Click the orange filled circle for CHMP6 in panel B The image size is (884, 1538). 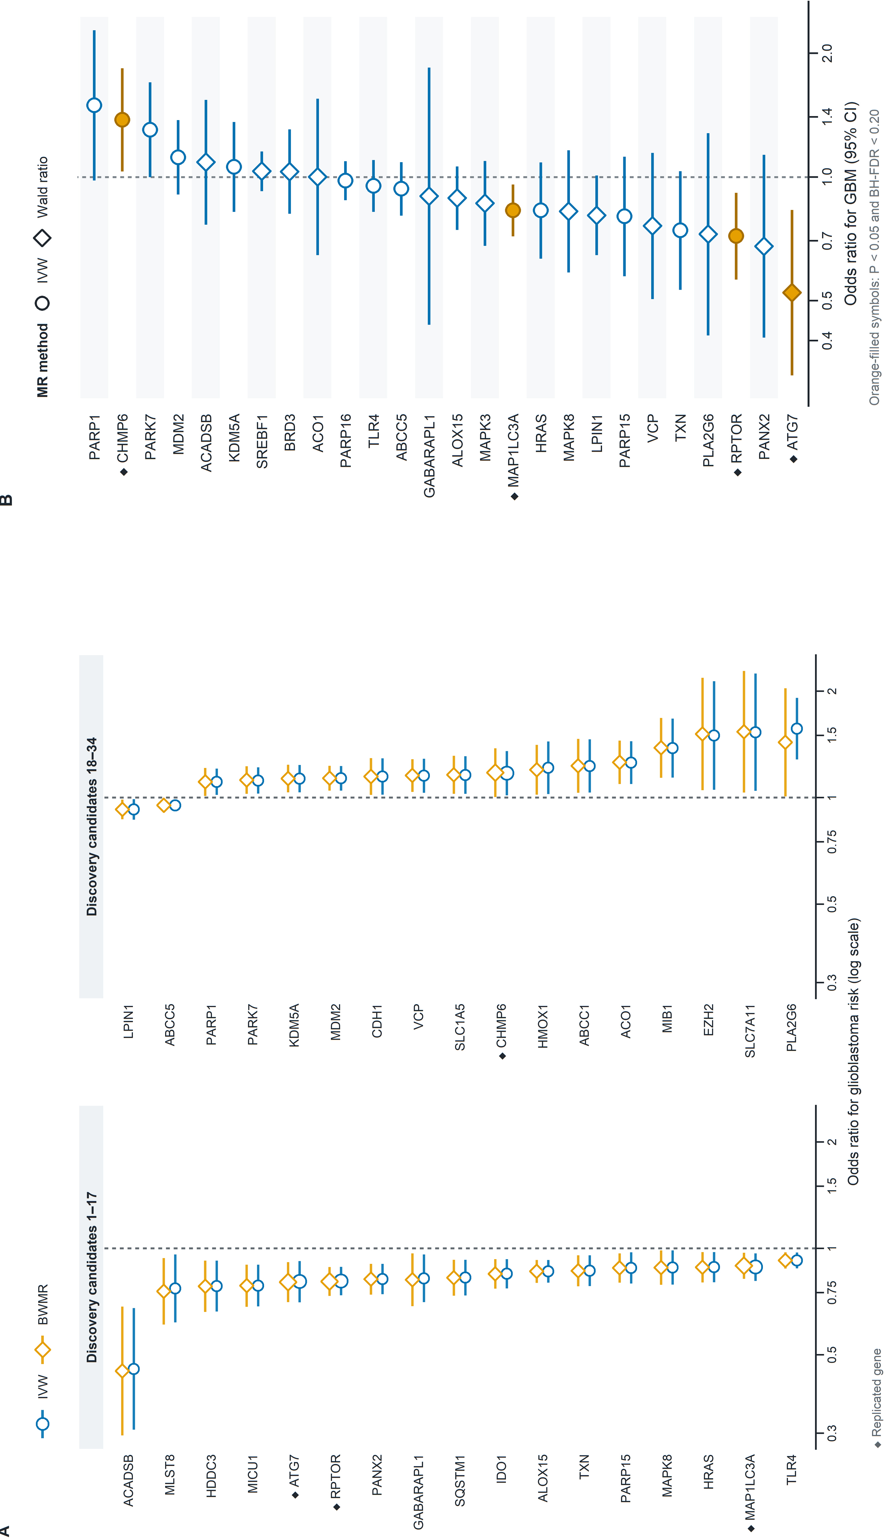pyautogui.click(x=122, y=120)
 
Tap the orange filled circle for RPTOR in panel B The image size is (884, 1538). pyautogui.click(x=736, y=235)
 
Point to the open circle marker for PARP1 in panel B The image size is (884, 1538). pyautogui.click(x=94, y=105)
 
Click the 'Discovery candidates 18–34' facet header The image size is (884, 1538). pyautogui.click(x=91, y=827)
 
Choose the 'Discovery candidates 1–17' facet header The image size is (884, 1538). pyautogui.click(x=91, y=1277)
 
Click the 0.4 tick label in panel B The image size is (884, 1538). pyautogui.click(x=827, y=341)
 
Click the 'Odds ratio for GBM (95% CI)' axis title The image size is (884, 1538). pyautogui.click(x=851, y=204)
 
